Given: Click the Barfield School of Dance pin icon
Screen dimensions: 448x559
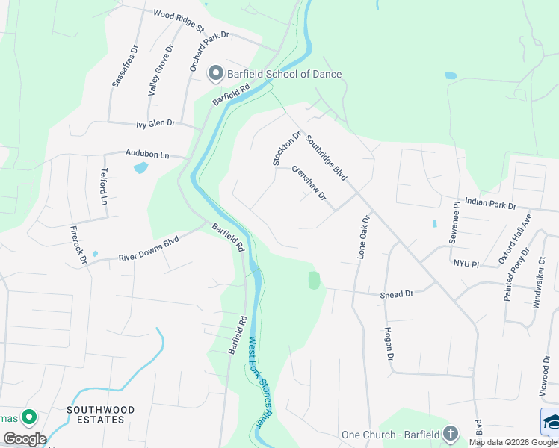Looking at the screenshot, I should coord(216,73).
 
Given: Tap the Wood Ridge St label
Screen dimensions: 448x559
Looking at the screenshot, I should coord(179,19).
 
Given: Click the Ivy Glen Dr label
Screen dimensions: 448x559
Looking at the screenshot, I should coord(155,123).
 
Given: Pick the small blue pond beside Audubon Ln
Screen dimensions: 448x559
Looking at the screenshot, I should coord(140,168).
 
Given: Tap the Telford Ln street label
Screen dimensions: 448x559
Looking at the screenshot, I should coord(104,187).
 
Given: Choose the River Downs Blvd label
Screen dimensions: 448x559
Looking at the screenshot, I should coord(149,249).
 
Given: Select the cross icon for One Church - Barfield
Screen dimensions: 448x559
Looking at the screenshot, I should coord(450,433).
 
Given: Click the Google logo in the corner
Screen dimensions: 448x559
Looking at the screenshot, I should coord(24,439).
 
